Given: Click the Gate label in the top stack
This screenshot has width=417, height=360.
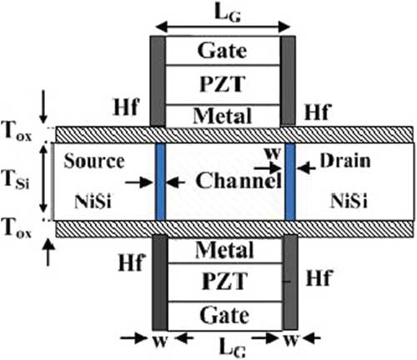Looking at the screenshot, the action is [222, 52].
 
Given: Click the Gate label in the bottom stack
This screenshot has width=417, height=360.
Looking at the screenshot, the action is [224, 316].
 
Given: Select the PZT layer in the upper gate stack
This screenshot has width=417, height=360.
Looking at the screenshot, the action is [223, 85].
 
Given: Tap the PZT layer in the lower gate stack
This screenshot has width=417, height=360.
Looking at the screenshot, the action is [225, 282].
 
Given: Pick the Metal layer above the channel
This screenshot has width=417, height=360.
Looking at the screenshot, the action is [223, 116].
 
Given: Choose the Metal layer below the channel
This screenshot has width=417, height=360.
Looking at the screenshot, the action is [225, 250].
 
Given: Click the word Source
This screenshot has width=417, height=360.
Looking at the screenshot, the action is [94, 161].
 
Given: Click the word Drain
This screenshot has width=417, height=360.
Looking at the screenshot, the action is [345, 161].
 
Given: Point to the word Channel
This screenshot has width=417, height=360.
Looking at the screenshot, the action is [239, 181].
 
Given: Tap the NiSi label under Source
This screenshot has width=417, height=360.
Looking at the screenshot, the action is [93, 202].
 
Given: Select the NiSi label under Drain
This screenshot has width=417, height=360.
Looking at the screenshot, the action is [349, 201].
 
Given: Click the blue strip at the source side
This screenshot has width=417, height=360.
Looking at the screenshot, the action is [161, 182].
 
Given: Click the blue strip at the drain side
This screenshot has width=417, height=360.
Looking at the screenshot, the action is [290, 182].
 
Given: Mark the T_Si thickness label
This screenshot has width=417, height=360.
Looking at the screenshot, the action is [17, 179].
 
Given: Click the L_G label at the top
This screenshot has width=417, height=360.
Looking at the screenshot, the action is [227, 13].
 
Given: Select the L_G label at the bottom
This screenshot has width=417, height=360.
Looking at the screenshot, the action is [232, 347].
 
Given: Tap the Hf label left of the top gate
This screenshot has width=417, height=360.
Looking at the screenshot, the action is [125, 107].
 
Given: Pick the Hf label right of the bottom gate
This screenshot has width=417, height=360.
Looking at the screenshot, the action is [319, 277].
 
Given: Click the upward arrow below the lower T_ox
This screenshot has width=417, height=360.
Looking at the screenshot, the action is [48, 252].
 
